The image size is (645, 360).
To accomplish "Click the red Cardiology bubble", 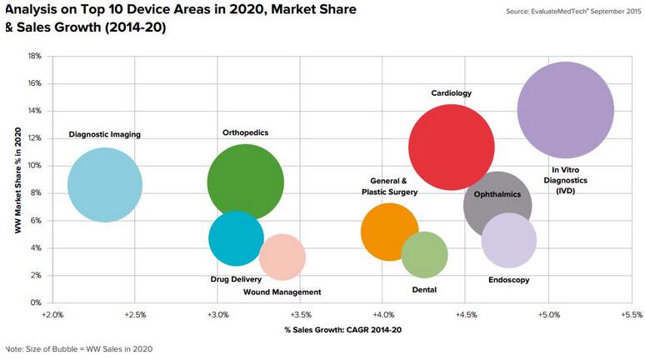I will (x=451, y=147).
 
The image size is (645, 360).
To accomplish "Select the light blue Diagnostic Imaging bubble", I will (x=104, y=185).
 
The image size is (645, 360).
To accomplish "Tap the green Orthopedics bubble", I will (x=245, y=182).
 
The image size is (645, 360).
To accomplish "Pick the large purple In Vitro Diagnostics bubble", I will (x=565, y=109).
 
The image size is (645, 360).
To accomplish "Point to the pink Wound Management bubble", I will (x=282, y=257).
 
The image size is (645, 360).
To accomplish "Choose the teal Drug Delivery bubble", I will (x=235, y=238).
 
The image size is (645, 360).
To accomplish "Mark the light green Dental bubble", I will (x=424, y=255).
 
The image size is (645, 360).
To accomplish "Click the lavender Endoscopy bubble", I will (x=509, y=241).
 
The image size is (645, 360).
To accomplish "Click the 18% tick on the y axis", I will (x=35, y=56).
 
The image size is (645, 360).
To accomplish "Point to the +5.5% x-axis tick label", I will (x=631, y=316).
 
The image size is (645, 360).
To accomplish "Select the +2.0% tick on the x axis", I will (x=52, y=316).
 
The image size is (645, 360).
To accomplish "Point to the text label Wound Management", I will (x=282, y=292).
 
